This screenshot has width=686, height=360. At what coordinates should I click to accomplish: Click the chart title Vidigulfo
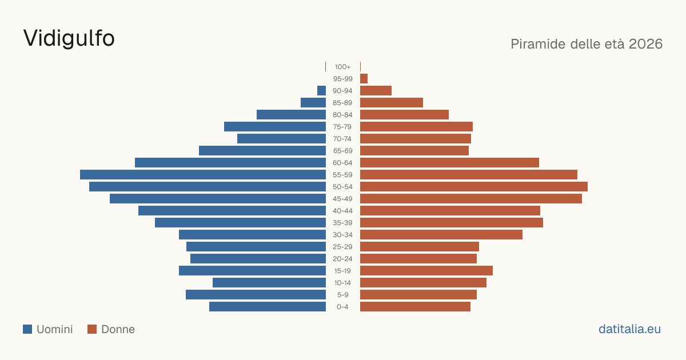[69, 38]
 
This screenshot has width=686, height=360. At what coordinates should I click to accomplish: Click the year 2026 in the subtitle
[645, 44]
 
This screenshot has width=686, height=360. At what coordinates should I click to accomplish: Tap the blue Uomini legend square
[27, 329]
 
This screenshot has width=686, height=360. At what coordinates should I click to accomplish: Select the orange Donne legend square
[92, 329]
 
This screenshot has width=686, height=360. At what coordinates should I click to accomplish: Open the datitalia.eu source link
[629, 329]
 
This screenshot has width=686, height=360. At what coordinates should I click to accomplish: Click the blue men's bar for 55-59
[203, 174]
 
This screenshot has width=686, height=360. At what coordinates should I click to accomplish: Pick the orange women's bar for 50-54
[474, 187]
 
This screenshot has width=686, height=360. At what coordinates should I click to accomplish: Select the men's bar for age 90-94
[321, 91]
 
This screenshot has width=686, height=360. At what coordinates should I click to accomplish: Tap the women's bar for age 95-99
[364, 79]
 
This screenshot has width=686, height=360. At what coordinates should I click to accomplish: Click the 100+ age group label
[342, 67]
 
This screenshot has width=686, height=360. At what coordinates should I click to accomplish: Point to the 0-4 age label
[342, 307]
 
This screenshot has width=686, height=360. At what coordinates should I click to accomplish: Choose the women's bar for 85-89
[392, 102]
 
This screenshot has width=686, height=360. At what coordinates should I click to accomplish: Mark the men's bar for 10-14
[269, 282]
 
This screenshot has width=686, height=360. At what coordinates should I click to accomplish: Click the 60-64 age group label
[342, 162]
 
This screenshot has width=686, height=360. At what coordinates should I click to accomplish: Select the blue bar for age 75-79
[275, 127]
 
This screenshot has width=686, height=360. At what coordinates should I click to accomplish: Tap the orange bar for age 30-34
[441, 235]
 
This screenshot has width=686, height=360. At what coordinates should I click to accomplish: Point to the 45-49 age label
[342, 199]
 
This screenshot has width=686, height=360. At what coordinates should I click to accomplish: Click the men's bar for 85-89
[313, 102]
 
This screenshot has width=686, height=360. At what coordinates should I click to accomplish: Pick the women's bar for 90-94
[376, 91]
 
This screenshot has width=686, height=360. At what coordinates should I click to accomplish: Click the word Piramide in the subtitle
[538, 44]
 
